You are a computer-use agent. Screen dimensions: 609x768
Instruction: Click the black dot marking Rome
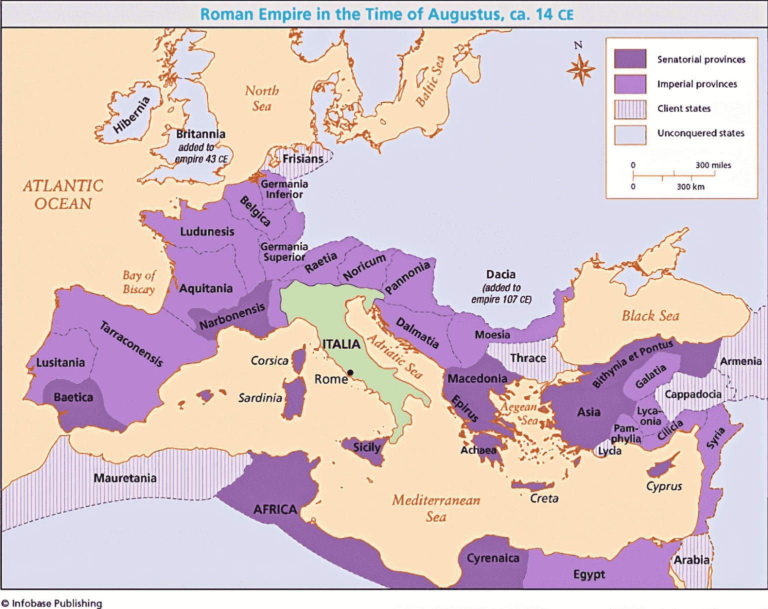pos(350,372)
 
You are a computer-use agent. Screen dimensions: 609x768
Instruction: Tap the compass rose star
pos(580,69)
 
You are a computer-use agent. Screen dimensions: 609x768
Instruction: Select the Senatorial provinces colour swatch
pos(630,59)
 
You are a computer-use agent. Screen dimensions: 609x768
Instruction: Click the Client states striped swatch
pos(630,109)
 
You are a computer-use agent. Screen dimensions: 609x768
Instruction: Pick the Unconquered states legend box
pos(630,134)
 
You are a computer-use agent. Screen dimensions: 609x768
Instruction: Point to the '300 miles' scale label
pos(713,165)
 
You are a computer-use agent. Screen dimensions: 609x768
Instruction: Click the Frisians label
pos(303,159)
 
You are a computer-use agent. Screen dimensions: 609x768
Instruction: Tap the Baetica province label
pos(73,397)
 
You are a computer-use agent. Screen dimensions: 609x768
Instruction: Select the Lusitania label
pos(60,362)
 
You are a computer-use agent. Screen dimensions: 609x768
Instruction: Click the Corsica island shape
pos(299,361)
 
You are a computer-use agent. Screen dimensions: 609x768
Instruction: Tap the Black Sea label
pos(650,316)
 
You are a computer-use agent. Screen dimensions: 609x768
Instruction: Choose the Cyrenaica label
pos(493,558)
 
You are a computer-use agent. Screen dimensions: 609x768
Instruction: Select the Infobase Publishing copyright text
pos(52,603)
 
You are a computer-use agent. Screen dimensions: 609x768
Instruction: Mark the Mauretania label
pos(125,478)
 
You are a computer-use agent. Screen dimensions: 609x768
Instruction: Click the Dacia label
pos(500,274)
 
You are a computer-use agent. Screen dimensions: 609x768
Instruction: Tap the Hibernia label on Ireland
pos(131,115)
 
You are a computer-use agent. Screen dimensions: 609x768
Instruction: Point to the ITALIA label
pos(341,344)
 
